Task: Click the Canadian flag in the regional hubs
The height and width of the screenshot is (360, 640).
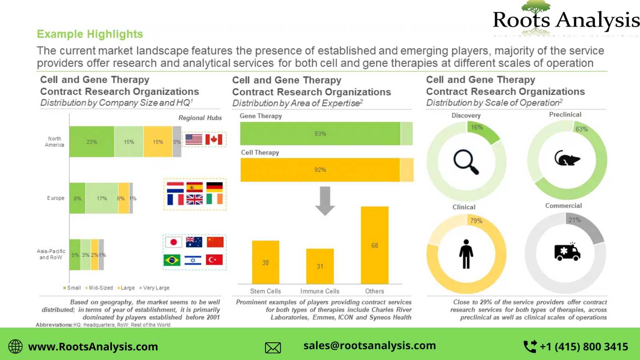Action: click(214, 140)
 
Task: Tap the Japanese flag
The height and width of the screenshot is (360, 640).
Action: click(174, 242)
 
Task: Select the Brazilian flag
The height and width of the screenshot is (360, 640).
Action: click(172, 260)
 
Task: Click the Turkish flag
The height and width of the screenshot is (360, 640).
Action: click(214, 260)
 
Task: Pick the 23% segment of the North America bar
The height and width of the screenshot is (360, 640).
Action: click(92, 142)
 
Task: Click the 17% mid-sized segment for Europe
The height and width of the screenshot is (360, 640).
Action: click(102, 198)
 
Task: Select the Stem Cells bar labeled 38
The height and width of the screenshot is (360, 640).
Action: click(266, 262)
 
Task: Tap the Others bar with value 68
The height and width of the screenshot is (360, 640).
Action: click(374, 245)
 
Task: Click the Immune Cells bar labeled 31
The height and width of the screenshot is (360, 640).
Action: click(320, 266)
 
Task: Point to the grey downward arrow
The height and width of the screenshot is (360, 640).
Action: click(325, 201)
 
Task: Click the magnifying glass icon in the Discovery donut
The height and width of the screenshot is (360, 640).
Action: click(466, 162)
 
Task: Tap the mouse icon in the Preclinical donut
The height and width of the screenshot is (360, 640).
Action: click(567, 158)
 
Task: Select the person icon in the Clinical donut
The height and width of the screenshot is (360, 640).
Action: click(466, 254)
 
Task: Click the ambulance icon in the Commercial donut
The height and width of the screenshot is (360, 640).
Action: click(567, 252)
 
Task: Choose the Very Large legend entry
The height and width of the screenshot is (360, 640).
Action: click(154, 288)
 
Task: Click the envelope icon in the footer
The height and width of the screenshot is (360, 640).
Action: click(273, 348)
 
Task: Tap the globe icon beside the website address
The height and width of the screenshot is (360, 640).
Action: click(15, 346)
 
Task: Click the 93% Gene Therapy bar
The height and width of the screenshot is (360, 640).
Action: click(320, 134)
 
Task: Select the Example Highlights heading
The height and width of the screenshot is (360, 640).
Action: click(90, 34)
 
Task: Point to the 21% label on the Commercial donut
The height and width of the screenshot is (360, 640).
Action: click(574, 220)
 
